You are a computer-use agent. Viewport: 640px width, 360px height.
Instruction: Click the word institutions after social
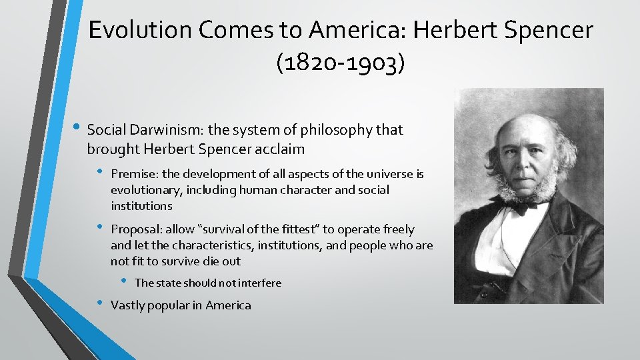[x=141, y=206]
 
